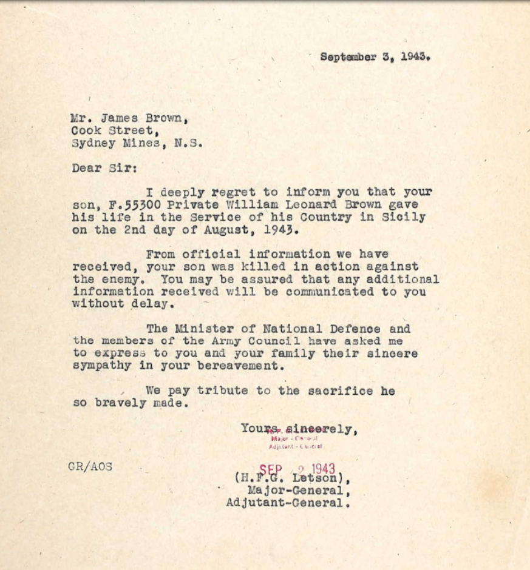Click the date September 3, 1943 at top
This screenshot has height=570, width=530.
click(x=375, y=57)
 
